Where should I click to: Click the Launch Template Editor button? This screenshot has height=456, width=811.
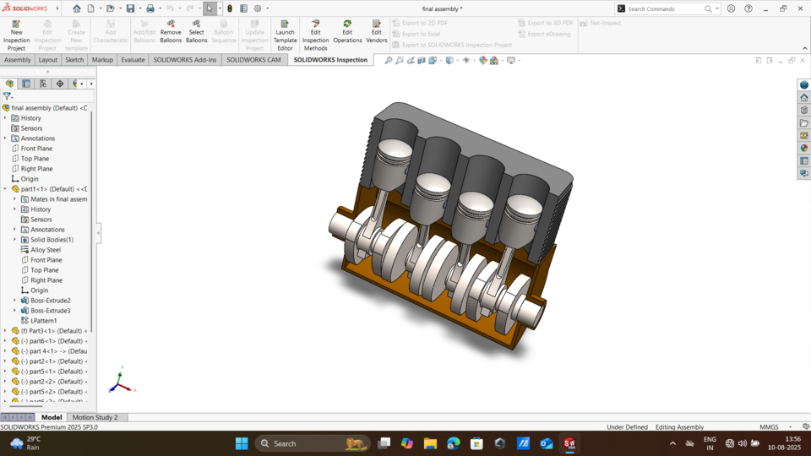[285, 35]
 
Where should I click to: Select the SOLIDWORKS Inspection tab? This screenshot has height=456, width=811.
[330, 60]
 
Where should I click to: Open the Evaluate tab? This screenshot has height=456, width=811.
[133, 60]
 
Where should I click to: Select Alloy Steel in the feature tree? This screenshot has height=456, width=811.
[46, 250]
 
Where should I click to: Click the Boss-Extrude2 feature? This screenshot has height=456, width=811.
[51, 301]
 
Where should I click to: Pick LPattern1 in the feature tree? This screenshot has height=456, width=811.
[44, 321]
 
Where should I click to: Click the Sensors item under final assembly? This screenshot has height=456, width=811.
[31, 128]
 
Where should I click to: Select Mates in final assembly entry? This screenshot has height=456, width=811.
[58, 199]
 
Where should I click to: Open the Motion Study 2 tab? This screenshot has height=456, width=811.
[95, 417]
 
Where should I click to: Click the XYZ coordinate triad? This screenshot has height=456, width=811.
[120, 384]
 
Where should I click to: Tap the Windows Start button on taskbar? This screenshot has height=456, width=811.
[242, 443]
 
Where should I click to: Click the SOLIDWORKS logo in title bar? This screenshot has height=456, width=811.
[25, 8]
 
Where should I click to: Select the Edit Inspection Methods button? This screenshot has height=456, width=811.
[315, 35]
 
